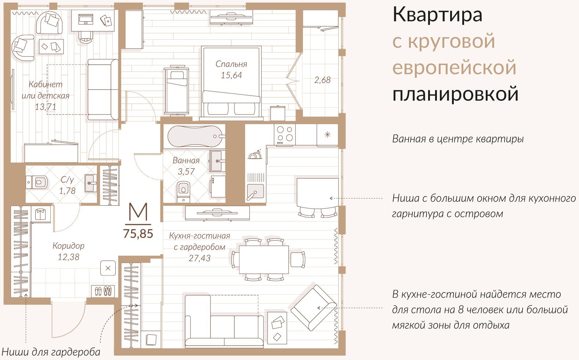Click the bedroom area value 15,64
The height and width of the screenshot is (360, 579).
231,75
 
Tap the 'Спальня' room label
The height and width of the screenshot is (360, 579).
231,64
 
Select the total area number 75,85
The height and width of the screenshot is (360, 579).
138,234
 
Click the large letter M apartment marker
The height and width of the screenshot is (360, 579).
138,212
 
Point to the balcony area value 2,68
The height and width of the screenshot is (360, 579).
322,80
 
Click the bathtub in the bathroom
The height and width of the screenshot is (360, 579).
196,136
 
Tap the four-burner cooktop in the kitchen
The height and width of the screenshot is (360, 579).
285,135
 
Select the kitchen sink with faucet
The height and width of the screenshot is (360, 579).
256,192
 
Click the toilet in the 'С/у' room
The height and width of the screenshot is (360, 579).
37,183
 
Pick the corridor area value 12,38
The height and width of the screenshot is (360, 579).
69,257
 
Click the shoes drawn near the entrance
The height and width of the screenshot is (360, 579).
103,291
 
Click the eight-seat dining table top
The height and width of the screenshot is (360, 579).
264,259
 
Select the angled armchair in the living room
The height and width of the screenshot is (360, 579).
314,308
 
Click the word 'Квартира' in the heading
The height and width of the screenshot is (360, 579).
437,15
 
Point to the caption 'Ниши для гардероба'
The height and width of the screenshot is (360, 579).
51,352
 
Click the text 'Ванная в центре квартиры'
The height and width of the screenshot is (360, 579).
458,139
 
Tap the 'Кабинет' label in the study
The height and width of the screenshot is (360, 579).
46,84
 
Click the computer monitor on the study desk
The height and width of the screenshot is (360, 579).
86,19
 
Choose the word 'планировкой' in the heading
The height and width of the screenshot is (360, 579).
455,94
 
